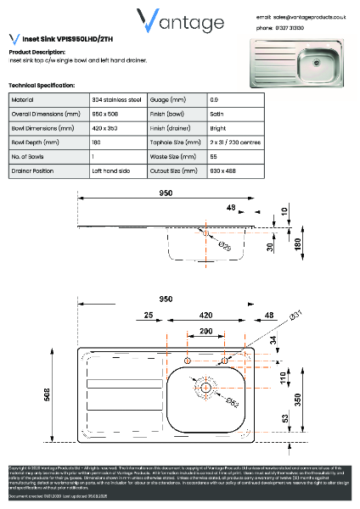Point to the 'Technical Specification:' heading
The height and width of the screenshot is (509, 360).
42,87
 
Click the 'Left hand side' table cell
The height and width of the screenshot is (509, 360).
111,171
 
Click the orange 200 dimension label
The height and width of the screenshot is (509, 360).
205,329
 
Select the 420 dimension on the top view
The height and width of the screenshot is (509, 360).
205,313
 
